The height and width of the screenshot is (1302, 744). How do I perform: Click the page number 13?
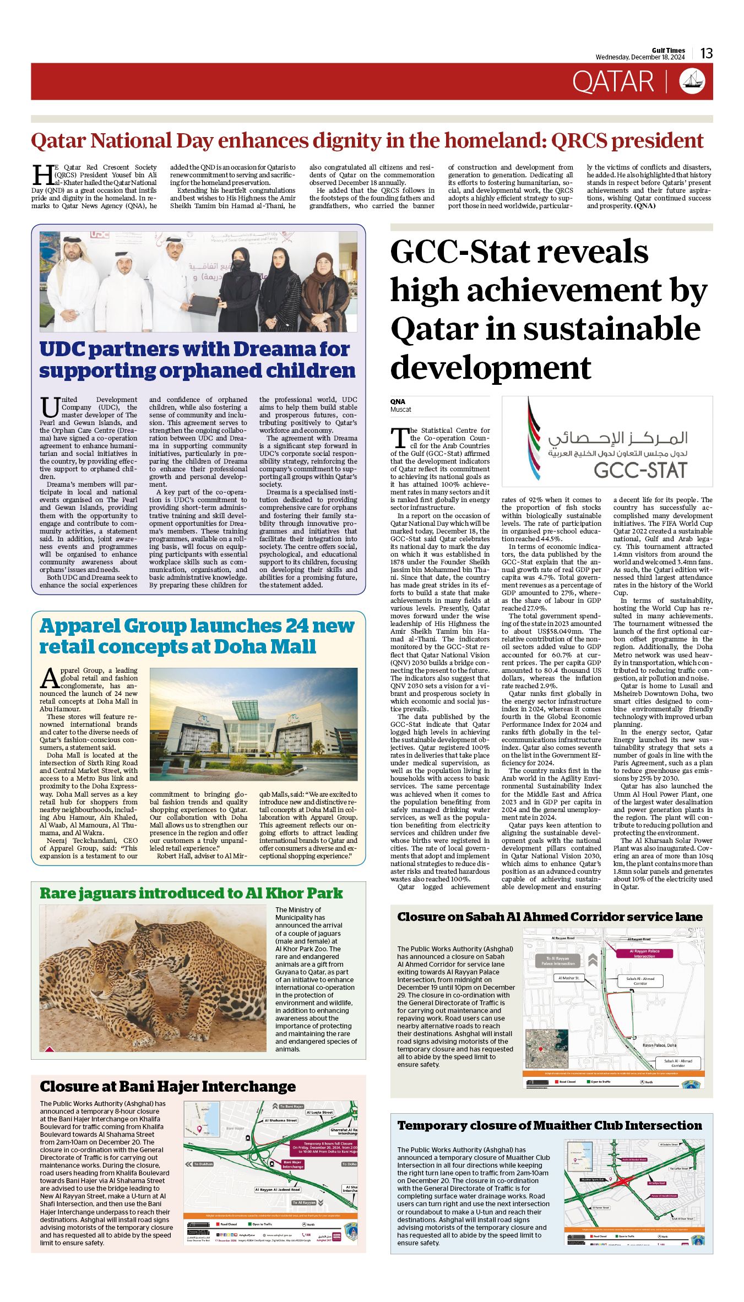tap(707, 53)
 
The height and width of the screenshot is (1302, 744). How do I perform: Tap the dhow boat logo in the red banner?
tap(692, 81)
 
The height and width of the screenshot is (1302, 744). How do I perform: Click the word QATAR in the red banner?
tap(613, 82)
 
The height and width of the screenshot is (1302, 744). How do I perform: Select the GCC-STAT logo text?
tap(640, 470)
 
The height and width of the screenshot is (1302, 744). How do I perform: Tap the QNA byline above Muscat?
tap(398, 401)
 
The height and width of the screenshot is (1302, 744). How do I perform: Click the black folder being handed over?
tap(203, 304)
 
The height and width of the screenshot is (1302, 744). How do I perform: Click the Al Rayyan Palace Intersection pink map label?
tap(644, 954)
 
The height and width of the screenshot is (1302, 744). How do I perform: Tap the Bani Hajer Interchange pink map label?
tap(293, 1164)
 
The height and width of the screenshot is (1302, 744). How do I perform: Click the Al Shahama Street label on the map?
tap(281, 1120)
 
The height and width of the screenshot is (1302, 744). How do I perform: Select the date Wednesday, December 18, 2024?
tap(640, 57)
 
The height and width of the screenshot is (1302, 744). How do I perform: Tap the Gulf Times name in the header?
tap(669, 50)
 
